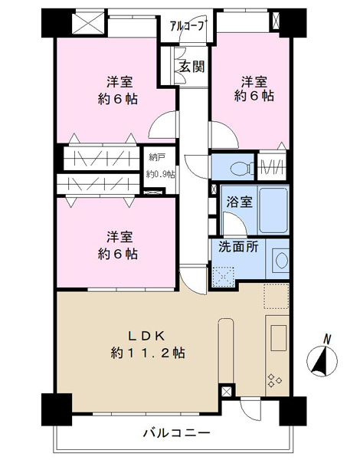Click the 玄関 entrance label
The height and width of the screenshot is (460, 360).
192,67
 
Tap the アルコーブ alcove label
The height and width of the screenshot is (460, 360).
187,26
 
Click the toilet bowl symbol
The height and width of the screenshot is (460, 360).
240,169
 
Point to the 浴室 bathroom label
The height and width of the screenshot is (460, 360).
240,202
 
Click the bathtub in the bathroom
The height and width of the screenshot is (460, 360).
273,210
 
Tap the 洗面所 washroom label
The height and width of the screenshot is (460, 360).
238,247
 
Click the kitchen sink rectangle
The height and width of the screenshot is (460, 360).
279,337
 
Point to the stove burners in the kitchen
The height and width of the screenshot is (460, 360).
274,380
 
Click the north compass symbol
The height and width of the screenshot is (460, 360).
322,360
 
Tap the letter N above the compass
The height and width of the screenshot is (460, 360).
327,340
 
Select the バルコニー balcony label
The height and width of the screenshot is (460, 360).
177,432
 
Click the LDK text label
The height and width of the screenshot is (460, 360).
148,337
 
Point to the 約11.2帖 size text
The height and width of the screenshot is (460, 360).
148,353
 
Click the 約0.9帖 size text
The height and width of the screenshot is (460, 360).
161,175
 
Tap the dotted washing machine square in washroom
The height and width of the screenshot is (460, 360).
223,277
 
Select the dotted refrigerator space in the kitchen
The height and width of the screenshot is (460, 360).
277,296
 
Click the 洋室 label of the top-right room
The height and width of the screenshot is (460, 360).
254,81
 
